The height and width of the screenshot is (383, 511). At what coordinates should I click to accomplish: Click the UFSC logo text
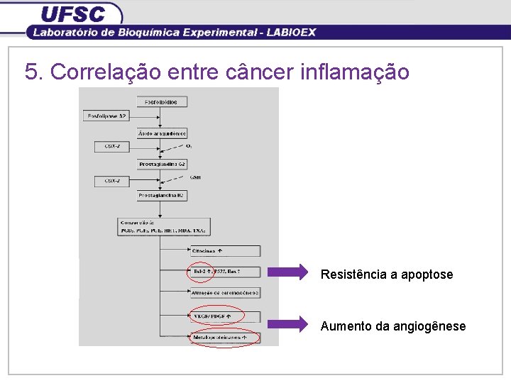[x=72, y=13]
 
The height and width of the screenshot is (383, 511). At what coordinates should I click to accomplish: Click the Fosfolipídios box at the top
[x=162, y=102]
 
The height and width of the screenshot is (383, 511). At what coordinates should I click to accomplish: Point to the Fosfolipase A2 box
[x=106, y=116]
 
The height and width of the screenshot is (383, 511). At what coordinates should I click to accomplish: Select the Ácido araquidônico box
[x=162, y=133]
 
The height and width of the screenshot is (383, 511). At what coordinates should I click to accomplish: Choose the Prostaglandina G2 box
[x=162, y=164]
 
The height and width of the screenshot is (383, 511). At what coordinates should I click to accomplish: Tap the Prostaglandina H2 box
[x=162, y=195]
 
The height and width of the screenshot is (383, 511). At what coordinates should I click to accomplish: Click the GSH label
[x=195, y=177]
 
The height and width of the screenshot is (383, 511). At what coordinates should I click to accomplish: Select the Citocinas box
[x=225, y=250]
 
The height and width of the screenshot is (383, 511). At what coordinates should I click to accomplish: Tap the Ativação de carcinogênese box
[x=225, y=292]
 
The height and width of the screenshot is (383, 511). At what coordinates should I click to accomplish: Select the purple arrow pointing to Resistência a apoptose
[x=289, y=272]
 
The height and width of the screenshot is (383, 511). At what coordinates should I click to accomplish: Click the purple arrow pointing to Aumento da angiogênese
[x=289, y=324]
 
